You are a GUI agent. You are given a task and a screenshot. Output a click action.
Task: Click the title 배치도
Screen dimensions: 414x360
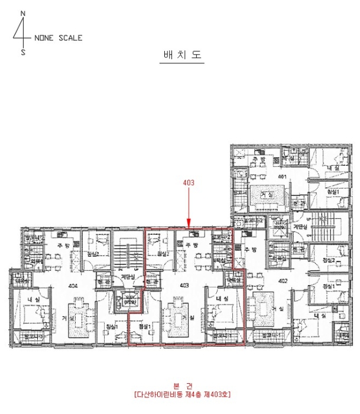click(182, 54)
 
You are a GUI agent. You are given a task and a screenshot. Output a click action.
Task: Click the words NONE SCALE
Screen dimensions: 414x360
click(59, 38)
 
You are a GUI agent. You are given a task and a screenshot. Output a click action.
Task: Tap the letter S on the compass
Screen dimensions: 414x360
click(23, 52)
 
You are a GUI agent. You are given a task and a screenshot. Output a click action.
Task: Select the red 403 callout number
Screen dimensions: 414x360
click(187, 183)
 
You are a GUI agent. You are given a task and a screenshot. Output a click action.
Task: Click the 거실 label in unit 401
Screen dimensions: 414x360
click(267, 195)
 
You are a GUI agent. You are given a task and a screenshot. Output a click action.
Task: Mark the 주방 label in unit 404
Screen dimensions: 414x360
click(60, 246)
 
